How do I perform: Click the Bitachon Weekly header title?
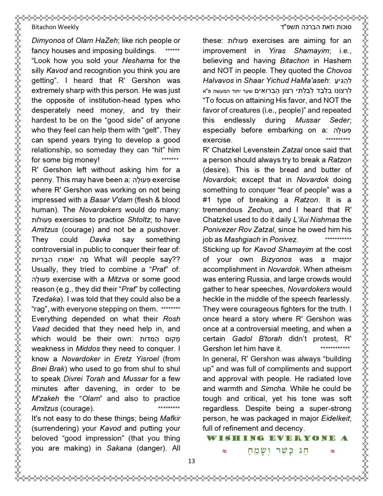pos(55,27)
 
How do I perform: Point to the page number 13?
pos(191,461)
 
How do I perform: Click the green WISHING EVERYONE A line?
pos(277,438)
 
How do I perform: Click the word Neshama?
pos(138,61)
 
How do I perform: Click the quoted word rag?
pos(40,309)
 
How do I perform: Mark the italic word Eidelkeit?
pos(334,418)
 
